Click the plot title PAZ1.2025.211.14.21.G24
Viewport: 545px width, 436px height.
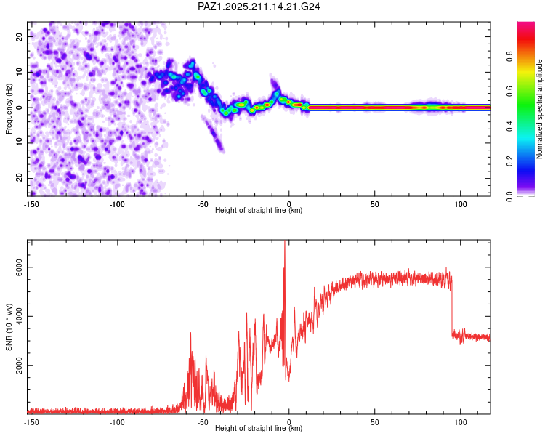259,7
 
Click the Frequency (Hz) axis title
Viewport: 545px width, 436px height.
9,109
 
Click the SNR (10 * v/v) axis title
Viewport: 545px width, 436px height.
9,327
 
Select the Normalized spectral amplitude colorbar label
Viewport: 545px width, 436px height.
539,109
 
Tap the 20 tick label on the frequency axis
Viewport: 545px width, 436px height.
19,36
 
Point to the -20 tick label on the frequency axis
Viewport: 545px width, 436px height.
19,178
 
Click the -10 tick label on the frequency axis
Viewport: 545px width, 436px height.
19,143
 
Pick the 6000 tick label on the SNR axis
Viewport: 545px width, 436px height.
19,267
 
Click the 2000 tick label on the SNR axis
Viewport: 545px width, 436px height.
19,365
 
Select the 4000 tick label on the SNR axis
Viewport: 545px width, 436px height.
19,316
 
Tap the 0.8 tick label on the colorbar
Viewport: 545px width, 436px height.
509,57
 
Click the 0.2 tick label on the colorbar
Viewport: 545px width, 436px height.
509,161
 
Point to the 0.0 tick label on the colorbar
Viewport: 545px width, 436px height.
509,196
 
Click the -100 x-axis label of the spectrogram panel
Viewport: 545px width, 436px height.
117,204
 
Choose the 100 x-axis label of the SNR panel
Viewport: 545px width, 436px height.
461,422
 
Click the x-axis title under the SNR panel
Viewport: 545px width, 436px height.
259,428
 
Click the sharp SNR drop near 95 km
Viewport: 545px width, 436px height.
452,306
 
